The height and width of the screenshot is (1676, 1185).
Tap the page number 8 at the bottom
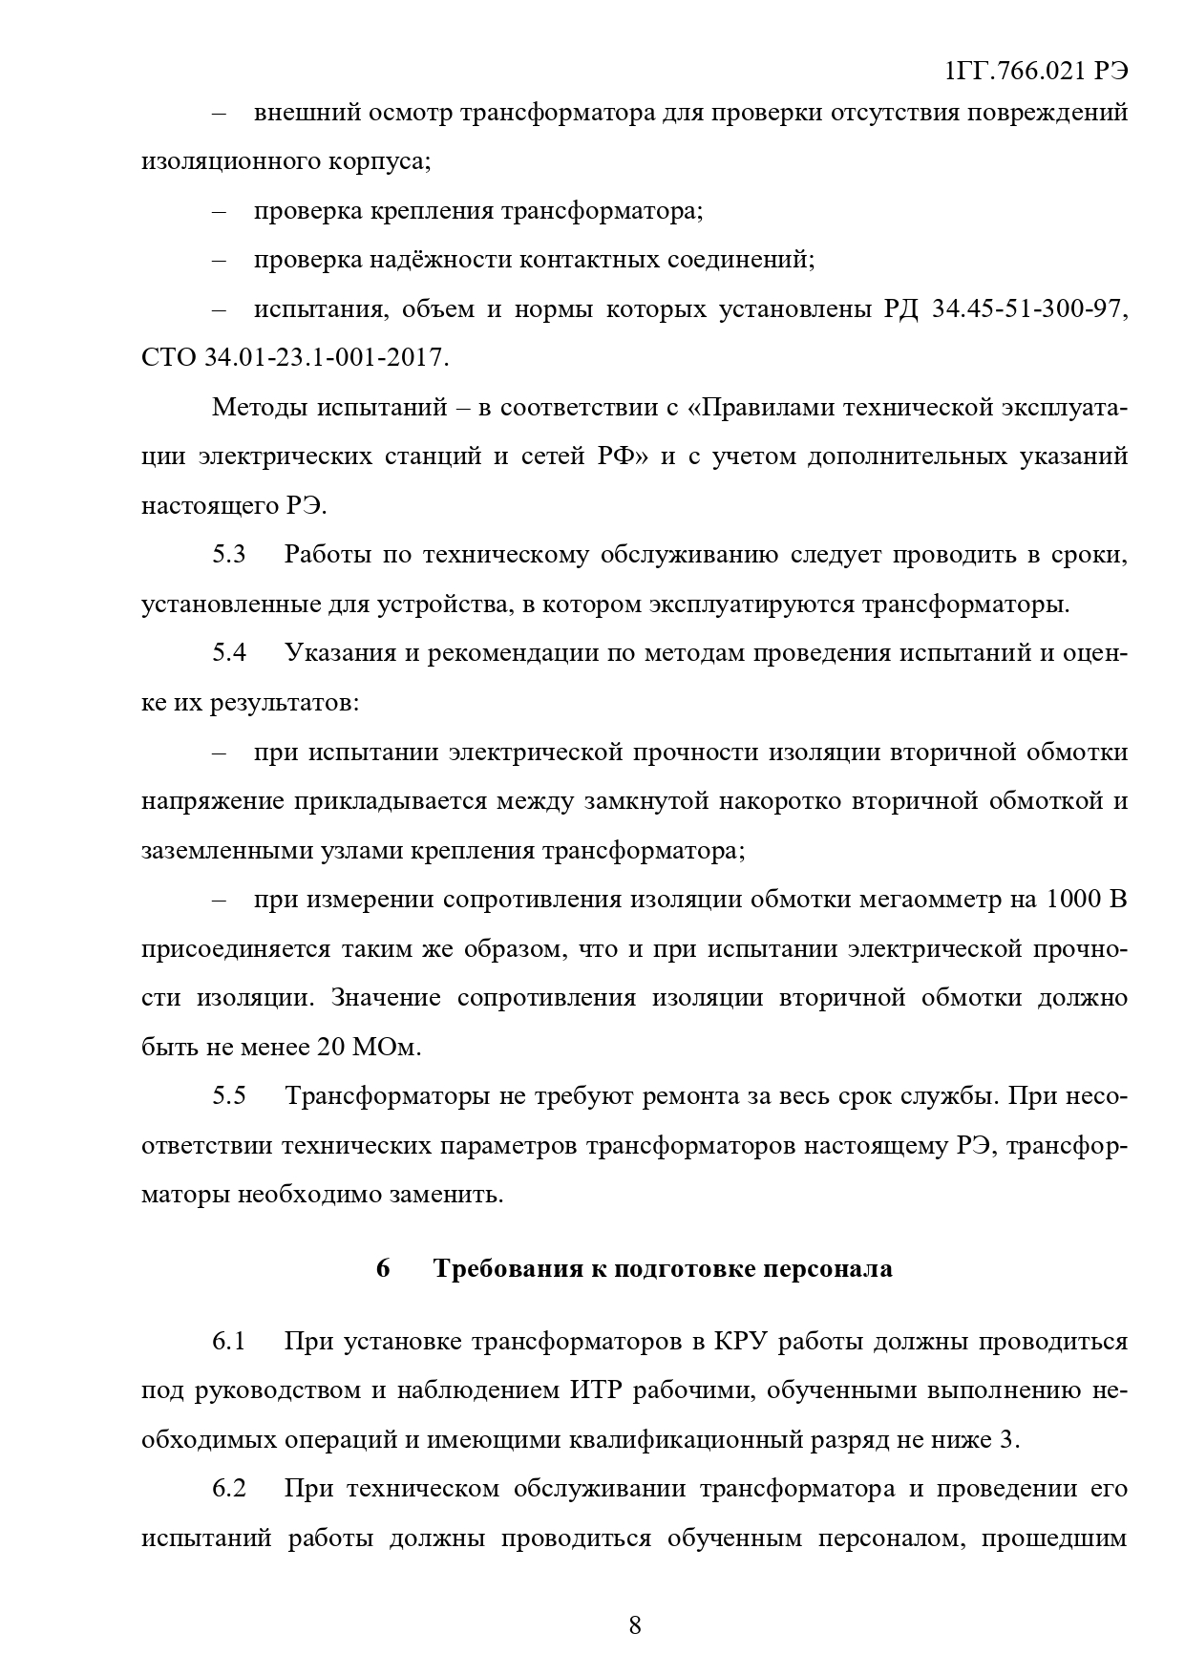[635, 1625]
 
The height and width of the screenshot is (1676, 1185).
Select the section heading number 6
[383, 1268]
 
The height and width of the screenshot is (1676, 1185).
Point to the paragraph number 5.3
[229, 555]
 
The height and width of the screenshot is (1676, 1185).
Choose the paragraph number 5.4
[229, 653]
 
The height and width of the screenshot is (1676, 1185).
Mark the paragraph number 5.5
[229, 1095]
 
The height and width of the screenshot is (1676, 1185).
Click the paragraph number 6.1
[229, 1342]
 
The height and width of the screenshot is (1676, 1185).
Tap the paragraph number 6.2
[229, 1489]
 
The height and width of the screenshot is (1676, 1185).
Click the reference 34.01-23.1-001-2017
[324, 358]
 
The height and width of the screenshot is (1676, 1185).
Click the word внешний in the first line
[295, 113]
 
